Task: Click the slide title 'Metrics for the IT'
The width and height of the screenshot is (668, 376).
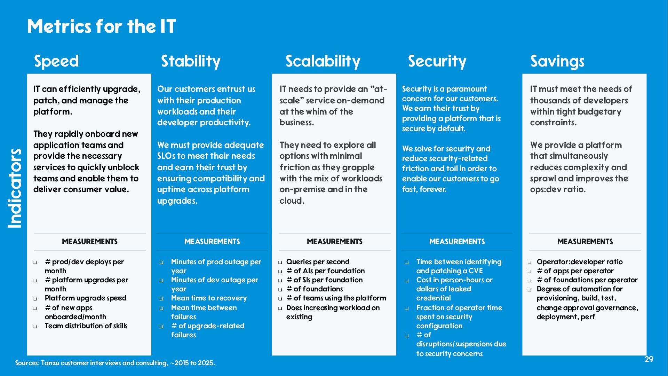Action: (101, 26)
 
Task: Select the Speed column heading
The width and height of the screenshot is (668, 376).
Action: (56, 61)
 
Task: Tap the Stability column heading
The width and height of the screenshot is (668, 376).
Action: (191, 61)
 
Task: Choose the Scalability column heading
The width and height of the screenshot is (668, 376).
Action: (323, 61)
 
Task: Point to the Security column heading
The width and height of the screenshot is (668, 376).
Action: (437, 61)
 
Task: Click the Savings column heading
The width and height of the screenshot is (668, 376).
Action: (557, 62)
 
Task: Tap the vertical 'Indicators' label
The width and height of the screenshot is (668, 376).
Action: (15, 188)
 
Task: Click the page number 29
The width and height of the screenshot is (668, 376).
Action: (649, 359)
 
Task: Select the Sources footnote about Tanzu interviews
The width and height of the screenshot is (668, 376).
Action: (115, 363)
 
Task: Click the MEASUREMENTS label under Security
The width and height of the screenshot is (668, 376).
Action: (457, 242)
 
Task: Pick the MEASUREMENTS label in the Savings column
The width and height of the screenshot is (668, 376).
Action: (585, 242)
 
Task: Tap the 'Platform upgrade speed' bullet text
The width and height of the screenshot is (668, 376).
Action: (86, 298)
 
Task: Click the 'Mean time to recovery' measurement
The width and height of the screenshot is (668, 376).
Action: (209, 298)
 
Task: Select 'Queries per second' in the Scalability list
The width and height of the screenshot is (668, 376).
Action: (318, 262)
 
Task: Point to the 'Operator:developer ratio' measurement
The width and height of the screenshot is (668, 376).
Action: (580, 262)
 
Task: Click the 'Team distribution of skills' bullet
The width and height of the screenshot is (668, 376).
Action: (86, 326)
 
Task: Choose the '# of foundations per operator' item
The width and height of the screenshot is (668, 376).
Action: (587, 280)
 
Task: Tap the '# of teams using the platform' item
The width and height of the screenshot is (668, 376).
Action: (336, 298)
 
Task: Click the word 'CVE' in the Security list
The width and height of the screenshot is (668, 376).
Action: (476, 271)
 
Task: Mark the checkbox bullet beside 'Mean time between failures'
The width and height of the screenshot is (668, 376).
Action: (161, 308)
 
